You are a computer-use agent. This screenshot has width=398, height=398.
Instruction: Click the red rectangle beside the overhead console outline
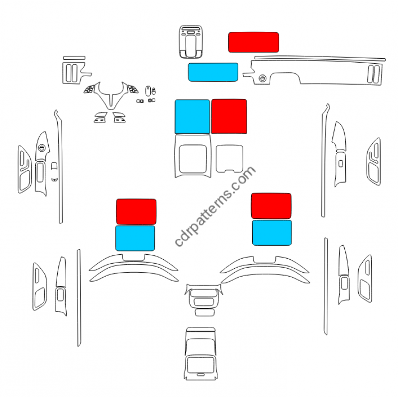click(253, 42)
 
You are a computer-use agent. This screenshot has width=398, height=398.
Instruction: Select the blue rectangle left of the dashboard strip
click(213, 72)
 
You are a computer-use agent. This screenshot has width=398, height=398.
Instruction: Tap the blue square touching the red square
click(192, 116)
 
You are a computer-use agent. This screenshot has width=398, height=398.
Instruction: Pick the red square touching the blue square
click(229, 116)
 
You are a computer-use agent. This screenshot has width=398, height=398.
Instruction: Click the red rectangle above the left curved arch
click(136, 211)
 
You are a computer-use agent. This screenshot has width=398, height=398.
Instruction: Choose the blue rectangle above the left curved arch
click(135, 238)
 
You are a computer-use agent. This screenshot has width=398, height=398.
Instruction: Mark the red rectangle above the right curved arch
click(271, 206)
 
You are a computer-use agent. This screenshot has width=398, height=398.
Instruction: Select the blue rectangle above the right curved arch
click(272, 233)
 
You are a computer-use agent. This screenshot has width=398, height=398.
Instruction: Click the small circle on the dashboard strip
click(262, 78)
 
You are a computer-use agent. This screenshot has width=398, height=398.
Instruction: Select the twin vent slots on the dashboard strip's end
click(374, 73)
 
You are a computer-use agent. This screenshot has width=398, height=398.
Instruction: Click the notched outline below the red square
click(229, 158)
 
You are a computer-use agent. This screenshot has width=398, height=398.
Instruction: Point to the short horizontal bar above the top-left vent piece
click(74, 57)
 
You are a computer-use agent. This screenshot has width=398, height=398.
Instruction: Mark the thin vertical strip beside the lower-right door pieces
click(326, 286)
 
